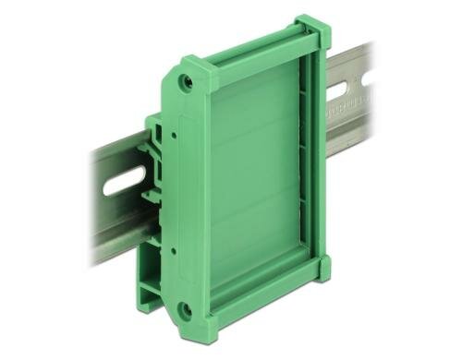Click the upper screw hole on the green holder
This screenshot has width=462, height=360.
coord(188,81)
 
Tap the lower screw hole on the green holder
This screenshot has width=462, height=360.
coord(185,309)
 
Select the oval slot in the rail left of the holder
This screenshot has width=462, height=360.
coord(122,181)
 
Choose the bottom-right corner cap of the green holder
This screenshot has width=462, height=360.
coord(322,269)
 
